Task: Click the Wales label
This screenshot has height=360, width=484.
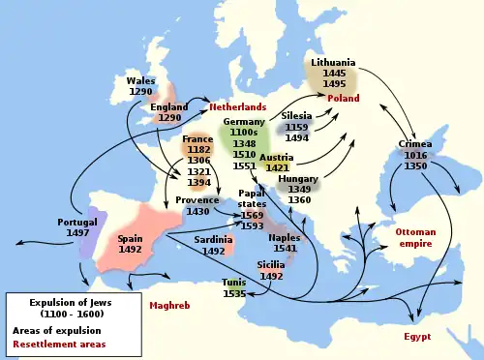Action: pyautogui.click(x=140, y=80)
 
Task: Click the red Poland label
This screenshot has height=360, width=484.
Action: pyautogui.click(x=343, y=99)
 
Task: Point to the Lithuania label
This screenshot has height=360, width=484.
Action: pyautogui.click(x=333, y=63)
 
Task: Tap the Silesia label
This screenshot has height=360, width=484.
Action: pyautogui.click(x=297, y=115)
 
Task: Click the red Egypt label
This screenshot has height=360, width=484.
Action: pyautogui.click(x=417, y=336)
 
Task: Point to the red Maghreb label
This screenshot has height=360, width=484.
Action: pyautogui.click(x=168, y=306)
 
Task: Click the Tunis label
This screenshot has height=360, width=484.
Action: pyautogui.click(x=233, y=282)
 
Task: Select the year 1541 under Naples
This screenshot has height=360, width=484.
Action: pyautogui.click(x=285, y=249)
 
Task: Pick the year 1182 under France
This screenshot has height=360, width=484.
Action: pyautogui.click(x=197, y=151)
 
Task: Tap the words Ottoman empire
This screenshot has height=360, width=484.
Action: pyautogui.click(x=415, y=238)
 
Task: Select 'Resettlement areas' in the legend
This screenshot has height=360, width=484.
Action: pyautogui.click(x=54, y=344)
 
